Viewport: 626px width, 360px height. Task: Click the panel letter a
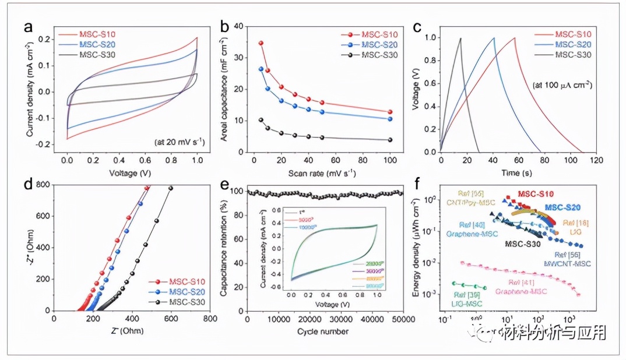(x=28, y=27)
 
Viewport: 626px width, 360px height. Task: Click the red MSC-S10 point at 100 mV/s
(x=390, y=112)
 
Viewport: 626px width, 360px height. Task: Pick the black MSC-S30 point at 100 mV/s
(x=390, y=140)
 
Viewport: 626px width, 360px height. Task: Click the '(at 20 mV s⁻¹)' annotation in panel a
(x=178, y=142)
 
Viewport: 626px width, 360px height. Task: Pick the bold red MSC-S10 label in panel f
(x=536, y=194)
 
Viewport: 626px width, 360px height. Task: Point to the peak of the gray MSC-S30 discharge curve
(x=460, y=38)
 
